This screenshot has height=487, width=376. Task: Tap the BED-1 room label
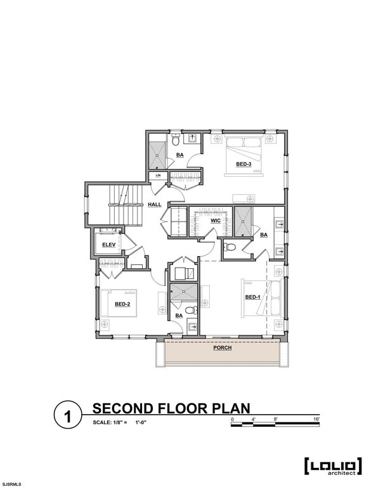[x=252, y=297]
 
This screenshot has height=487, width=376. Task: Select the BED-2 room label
[x=122, y=304]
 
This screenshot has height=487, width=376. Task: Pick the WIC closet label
[x=215, y=221]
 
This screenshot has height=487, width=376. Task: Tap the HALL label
[x=154, y=205]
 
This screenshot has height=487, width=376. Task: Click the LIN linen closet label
[x=158, y=176]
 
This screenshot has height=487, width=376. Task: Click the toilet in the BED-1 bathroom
[x=230, y=247]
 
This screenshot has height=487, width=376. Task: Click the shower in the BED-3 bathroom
[x=157, y=150]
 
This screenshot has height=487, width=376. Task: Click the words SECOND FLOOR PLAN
[x=171, y=407]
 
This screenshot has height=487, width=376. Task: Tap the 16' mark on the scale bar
[x=316, y=420]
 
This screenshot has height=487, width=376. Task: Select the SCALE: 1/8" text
[x=110, y=422]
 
